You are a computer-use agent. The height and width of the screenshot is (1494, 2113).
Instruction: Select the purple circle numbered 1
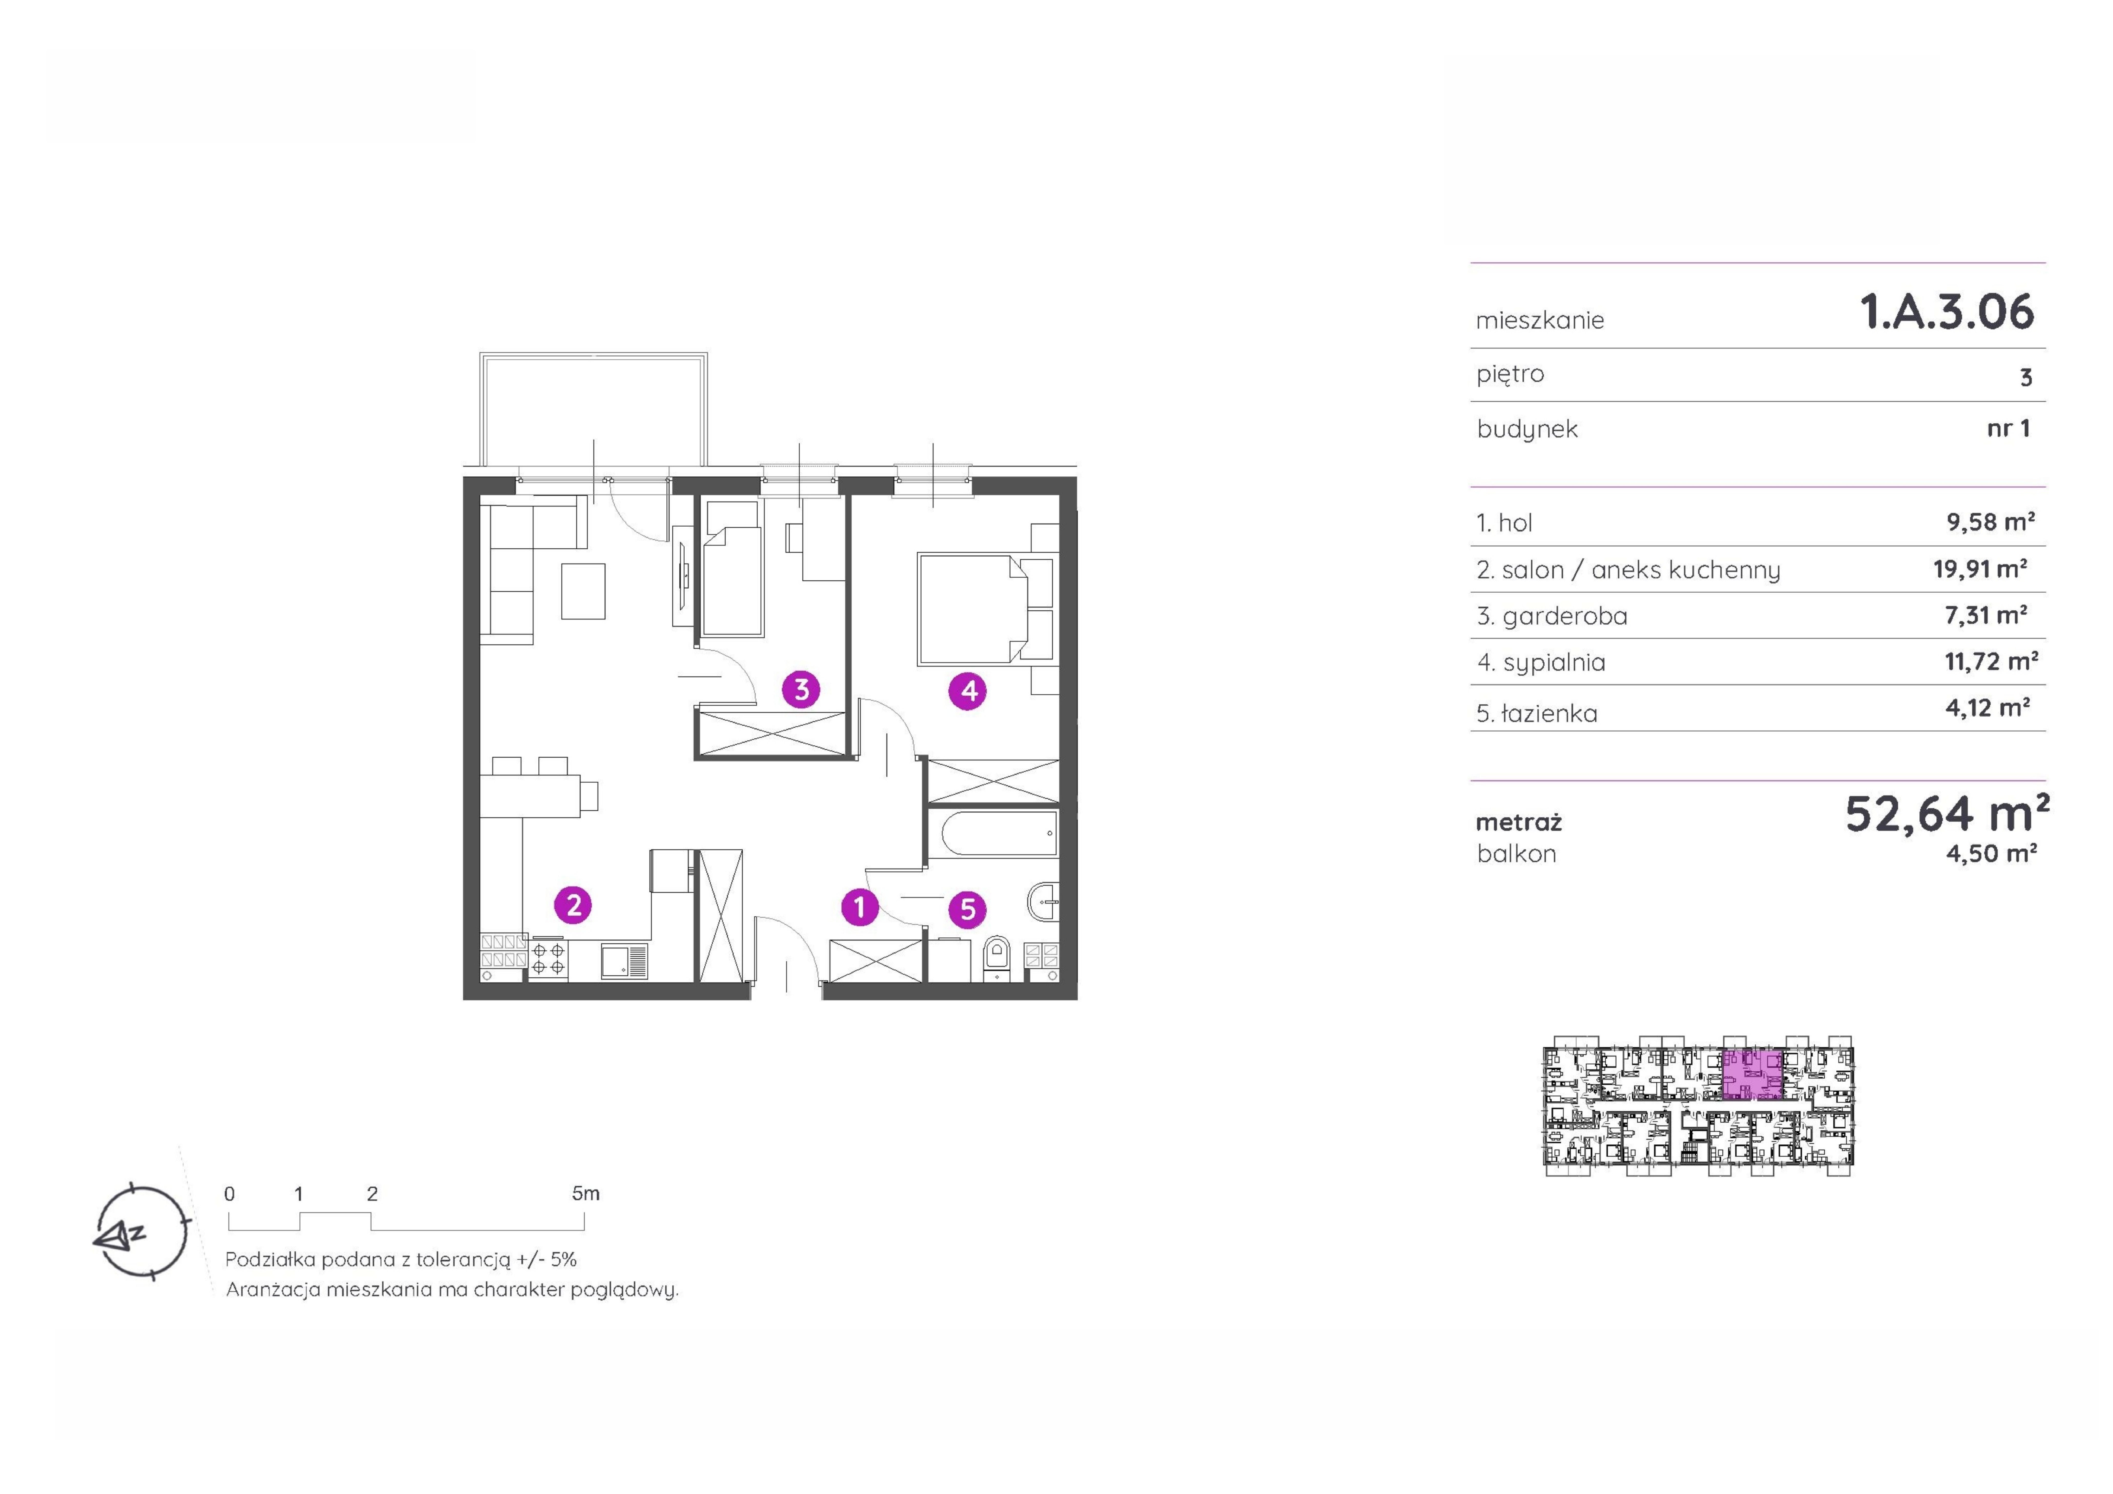pyautogui.click(x=860, y=908)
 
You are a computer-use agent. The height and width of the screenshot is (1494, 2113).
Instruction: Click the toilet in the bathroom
pyautogui.click(x=997, y=957)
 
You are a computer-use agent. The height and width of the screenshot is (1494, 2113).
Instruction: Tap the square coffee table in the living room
pyautogui.click(x=583, y=591)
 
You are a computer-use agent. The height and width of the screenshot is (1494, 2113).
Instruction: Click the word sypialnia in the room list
pyautogui.click(x=1553, y=663)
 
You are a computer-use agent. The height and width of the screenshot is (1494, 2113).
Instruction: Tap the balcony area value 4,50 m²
pyautogui.click(x=1991, y=853)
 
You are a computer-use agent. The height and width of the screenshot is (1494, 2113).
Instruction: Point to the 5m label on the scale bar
pyautogui.click(x=585, y=1194)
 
